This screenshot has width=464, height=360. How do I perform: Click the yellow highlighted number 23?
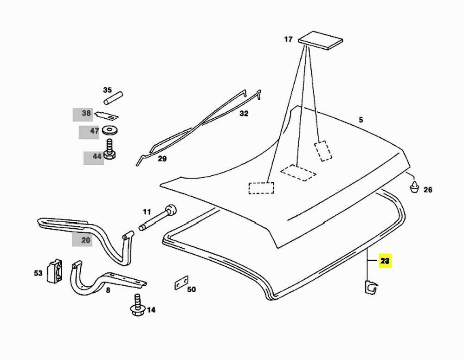point(385,261)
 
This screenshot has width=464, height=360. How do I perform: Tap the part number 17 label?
point(288,39)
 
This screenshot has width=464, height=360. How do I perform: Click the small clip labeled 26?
point(414,187)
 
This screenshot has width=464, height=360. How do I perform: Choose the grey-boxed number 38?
point(86,113)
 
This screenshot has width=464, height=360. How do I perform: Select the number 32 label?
point(244,113)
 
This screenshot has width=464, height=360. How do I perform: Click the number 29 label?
point(162,159)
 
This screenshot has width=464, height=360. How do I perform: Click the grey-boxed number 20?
point(86,240)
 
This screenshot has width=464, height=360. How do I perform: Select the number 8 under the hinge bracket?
point(108,290)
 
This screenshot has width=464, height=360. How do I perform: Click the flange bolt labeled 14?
point(137,306)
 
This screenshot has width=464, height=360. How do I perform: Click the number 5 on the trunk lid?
point(361,120)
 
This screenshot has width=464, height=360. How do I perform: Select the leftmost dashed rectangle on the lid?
point(261,187)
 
